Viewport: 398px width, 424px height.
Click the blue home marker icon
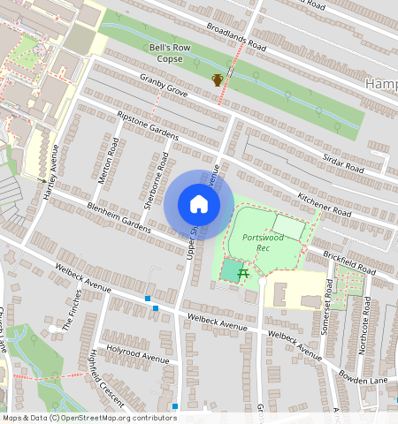click(x=199, y=204)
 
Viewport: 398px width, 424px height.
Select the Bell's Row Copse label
click(x=165, y=52)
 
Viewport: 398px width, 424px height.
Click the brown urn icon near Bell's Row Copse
click(x=218, y=80)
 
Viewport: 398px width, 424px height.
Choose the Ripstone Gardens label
click(x=148, y=125)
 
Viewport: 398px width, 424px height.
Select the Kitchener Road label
click(x=325, y=205)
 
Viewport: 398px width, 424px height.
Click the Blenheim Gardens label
click(x=119, y=216)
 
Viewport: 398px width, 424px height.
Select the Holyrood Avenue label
click(x=137, y=354)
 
